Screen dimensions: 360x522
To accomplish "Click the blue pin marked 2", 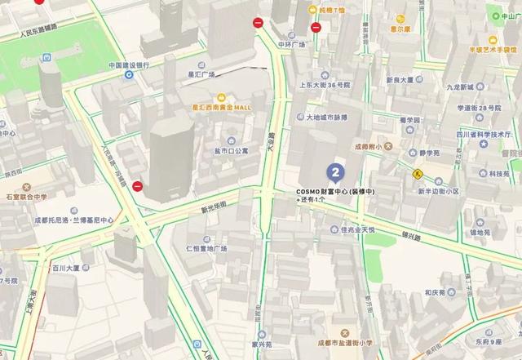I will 334,172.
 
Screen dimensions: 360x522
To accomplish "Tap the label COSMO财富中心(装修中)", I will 335,191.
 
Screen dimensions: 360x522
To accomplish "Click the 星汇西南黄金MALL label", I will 221,107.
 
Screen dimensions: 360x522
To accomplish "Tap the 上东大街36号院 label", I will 325,85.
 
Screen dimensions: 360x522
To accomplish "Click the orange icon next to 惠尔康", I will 399,17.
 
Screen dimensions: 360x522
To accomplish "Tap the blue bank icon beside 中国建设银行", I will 129,75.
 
